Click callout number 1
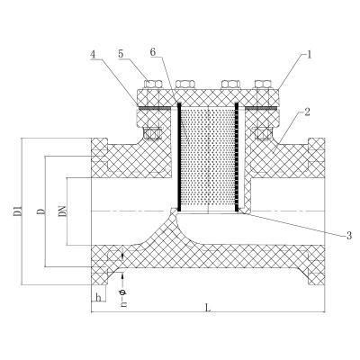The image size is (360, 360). tap(309, 55)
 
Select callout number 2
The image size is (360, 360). tap(307, 112)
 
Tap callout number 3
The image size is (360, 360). tap(348, 236)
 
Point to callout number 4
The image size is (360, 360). tap(93, 55)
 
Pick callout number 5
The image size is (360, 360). tap(121, 54)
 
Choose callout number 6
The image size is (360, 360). tap(153, 51)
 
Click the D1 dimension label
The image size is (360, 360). tap(17, 211)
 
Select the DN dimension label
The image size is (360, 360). tap(62, 211)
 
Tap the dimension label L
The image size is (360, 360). tap(208, 308)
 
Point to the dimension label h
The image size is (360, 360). tap(98, 298)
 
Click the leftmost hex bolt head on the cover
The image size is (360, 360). tap(153, 84)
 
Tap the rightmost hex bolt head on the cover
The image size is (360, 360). tap(263, 84)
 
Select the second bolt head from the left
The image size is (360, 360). tap(185, 84)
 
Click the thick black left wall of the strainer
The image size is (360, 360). tap(179, 157)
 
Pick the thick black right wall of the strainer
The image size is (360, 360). tap(237, 157)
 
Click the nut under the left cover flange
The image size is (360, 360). tap(153, 133)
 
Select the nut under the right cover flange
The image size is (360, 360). tap(263, 133)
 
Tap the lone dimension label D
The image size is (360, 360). tap(41, 211)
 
